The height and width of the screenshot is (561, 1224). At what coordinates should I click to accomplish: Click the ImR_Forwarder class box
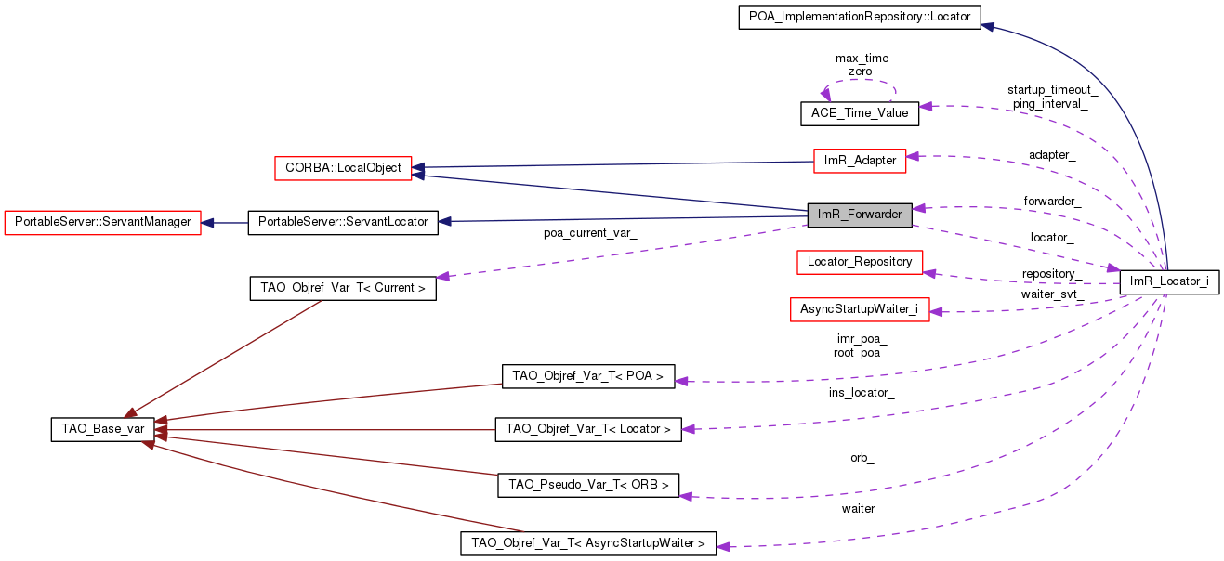(860, 215)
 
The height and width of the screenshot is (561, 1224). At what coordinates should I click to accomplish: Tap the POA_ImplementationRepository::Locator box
(860, 17)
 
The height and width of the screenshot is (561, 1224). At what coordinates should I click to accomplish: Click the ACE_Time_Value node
(860, 113)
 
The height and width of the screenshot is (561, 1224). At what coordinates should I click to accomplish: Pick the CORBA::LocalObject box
(344, 168)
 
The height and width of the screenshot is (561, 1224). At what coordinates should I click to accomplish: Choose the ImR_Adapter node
(860, 160)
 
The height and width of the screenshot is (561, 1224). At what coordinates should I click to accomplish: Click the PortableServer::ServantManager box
(103, 222)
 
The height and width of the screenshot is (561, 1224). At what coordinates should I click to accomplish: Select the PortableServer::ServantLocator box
(342, 222)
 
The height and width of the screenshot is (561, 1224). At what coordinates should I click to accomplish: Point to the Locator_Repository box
(860, 262)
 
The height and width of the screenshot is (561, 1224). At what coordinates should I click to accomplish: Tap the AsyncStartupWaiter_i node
(860, 309)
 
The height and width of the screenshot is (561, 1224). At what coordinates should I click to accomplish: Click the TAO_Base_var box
(98, 429)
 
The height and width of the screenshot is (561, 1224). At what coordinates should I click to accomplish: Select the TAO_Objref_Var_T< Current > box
(343, 288)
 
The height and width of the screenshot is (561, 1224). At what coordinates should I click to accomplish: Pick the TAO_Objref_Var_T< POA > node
(587, 376)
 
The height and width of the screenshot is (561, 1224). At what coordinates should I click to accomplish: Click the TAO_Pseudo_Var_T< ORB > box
(587, 485)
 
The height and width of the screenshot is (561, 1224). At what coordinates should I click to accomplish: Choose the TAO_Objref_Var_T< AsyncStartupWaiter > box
(587, 543)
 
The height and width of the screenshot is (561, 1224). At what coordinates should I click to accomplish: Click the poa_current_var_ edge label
(590, 233)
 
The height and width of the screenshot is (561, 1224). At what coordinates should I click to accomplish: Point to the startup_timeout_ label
(1052, 90)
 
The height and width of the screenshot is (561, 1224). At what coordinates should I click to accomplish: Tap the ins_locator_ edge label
(862, 393)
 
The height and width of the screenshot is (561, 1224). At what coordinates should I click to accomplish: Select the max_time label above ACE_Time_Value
(862, 58)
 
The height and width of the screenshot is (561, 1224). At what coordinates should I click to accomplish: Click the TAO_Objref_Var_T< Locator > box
(587, 429)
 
